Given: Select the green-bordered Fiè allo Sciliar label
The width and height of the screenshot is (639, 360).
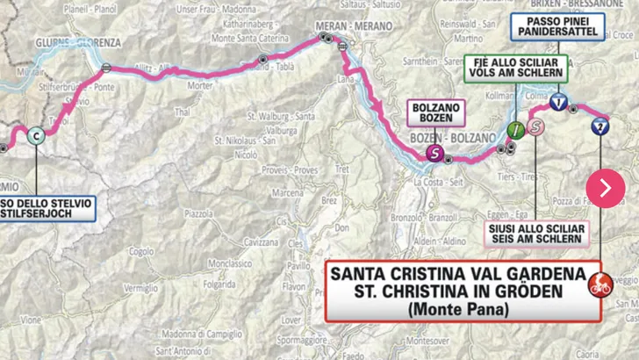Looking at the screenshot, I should tap(516, 68).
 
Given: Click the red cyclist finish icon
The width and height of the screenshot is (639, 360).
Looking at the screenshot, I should tap(600, 284).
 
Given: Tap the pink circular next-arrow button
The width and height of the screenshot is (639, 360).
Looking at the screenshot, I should tap(606, 187).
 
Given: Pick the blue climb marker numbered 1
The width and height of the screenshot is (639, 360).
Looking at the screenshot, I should tap(558, 102).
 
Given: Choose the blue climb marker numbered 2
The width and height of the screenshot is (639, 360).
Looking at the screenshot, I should tap(600, 126).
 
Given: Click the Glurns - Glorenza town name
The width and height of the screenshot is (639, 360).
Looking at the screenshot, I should tap(69, 41).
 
